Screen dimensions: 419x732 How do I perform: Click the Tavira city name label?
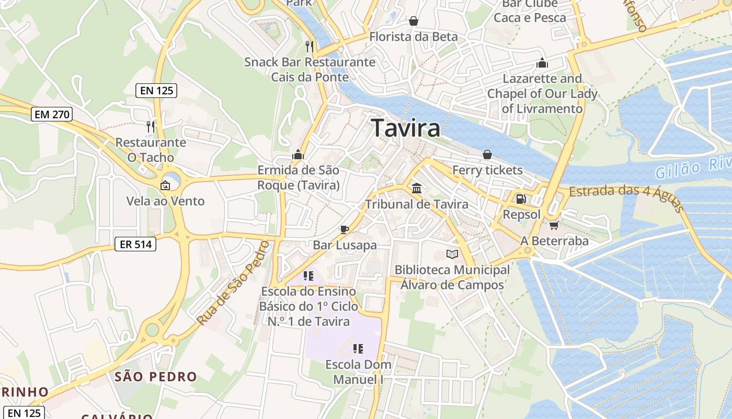pos(405,128)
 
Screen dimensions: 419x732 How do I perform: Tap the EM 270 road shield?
pos(51,114)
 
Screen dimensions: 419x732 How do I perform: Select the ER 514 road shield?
pos(135,244)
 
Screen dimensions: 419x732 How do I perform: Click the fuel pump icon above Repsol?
pos(521,199)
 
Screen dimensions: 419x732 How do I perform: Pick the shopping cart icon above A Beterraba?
pos(554,225)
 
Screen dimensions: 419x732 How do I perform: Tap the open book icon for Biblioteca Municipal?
pos(452,255)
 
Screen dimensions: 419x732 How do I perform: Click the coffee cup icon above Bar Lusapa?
pos(344,229)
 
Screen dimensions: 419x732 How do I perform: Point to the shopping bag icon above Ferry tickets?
pos(487,155)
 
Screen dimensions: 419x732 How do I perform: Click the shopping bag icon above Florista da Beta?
pos(414,21)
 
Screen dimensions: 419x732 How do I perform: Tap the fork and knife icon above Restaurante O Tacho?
pos(151,126)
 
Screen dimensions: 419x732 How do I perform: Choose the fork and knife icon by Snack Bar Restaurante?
pos(310,46)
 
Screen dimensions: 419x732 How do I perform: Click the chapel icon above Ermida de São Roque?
pos(298,155)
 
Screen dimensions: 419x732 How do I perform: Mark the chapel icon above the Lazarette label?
pos(542,63)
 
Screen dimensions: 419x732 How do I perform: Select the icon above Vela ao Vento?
pos(165,185)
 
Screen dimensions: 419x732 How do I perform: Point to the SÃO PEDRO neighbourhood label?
pos(156,377)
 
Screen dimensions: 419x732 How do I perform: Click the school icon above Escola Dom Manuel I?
pos(358,349)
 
